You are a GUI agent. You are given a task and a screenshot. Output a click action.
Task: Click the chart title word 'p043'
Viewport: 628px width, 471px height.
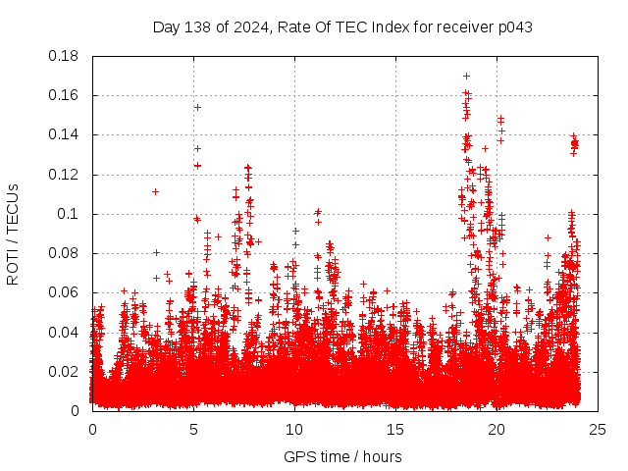tap(513, 26)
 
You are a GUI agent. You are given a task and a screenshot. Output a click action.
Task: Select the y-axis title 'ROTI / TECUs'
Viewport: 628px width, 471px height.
tap(13, 234)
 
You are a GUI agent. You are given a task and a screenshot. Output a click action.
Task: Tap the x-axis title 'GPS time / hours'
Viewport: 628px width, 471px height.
tap(342, 456)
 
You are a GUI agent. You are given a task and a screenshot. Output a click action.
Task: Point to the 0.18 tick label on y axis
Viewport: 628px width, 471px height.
tap(64, 56)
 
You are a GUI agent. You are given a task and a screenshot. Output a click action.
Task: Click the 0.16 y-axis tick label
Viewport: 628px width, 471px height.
tap(64, 95)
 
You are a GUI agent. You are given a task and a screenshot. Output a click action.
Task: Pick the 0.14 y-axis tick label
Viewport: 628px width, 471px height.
tap(64, 134)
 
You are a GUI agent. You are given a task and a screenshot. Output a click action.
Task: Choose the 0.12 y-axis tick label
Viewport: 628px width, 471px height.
tap(64, 175)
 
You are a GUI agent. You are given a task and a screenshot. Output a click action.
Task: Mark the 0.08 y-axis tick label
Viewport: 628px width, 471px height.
tap(64, 253)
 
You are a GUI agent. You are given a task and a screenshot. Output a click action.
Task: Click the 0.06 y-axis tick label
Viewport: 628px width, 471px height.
tap(64, 292)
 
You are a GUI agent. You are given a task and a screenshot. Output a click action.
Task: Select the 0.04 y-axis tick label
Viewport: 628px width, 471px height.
tap(64, 332)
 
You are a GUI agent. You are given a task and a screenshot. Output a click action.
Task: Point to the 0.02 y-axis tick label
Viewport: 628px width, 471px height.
tap(64, 371)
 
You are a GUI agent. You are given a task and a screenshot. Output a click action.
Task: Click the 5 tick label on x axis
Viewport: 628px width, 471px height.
tap(193, 429)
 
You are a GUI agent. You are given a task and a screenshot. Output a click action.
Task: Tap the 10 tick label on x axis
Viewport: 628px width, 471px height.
tap(294, 429)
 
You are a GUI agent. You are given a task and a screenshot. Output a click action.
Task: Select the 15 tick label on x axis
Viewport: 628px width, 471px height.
tap(395, 429)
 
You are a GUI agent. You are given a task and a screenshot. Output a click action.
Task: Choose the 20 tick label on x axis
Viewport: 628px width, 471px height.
tap(497, 429)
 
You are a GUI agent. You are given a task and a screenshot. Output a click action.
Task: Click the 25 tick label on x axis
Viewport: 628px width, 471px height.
tap(598, 429)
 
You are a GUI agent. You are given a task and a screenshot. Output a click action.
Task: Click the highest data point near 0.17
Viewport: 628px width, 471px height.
tap(466, 76)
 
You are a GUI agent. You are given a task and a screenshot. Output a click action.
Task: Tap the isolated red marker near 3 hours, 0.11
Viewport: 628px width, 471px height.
tap(155, 191)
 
